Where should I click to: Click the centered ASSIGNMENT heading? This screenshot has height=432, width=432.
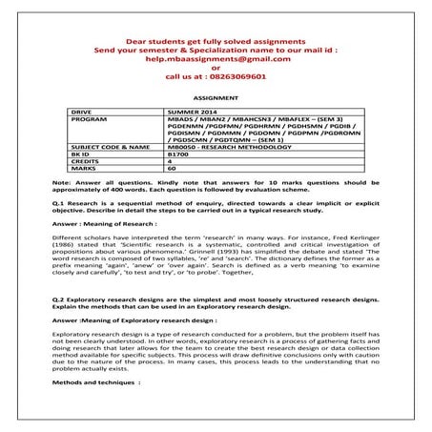[216, 97]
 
